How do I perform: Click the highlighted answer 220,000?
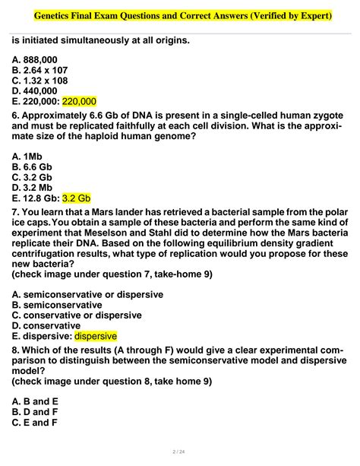click(x=79, y=101)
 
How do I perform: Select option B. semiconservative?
click(x=56, y=304)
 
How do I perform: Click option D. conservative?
click(x=46, y=325)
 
